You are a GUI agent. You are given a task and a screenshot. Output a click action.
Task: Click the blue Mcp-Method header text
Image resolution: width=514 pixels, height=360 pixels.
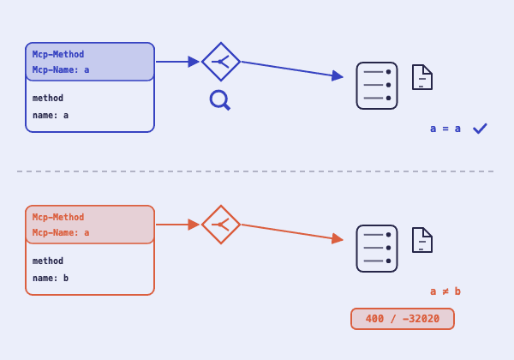click(58, 54)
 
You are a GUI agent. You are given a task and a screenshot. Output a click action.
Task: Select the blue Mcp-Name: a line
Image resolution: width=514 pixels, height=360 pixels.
click(61, 69)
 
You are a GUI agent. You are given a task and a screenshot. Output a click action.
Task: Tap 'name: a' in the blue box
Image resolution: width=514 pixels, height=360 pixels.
click(51, 116)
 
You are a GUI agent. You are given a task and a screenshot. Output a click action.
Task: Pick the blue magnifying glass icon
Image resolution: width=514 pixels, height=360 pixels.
click(220, 100)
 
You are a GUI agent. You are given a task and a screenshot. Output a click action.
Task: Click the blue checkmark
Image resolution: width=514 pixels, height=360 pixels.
click(480, 129)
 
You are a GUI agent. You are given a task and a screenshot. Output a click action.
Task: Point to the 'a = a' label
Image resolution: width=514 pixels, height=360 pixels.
click(445, 129)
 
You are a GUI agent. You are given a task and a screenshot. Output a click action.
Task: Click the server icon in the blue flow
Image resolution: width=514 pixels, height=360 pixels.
click(377, 86)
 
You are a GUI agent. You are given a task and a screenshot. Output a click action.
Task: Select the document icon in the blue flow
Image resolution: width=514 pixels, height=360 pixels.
click(422, 77)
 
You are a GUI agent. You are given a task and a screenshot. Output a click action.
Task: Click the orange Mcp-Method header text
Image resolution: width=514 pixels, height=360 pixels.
click(58, 217)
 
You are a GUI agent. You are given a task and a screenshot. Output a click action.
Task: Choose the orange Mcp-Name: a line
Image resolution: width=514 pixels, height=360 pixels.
click(61, 232)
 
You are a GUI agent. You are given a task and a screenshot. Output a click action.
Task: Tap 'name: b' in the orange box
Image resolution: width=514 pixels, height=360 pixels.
click(51, 278)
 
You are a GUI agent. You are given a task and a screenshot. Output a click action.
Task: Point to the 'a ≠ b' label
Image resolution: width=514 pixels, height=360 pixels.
click(445, 291)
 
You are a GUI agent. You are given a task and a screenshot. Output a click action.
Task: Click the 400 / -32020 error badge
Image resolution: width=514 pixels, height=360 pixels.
click(403, 319)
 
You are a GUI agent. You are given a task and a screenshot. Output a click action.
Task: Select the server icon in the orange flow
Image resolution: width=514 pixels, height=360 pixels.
click(377, 249)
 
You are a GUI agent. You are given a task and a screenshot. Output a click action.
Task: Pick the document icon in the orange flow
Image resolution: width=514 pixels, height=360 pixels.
click(422, 240)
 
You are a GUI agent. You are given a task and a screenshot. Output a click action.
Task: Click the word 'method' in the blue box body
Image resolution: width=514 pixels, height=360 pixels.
click(48, 98)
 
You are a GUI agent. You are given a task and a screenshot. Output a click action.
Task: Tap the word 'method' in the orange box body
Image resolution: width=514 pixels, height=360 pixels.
click(48, 261)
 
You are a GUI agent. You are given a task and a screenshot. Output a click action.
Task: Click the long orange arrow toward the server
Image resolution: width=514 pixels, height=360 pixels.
click(292, 232)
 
